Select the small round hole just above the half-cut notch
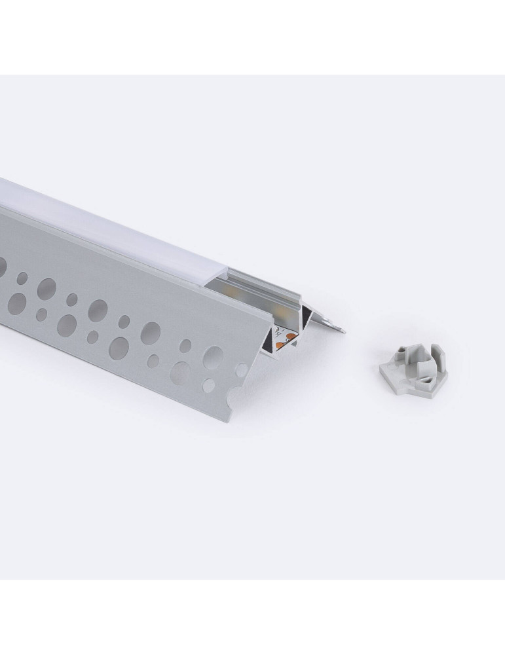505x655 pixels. click(242, 370)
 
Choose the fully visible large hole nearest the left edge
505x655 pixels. click(16, 302)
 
